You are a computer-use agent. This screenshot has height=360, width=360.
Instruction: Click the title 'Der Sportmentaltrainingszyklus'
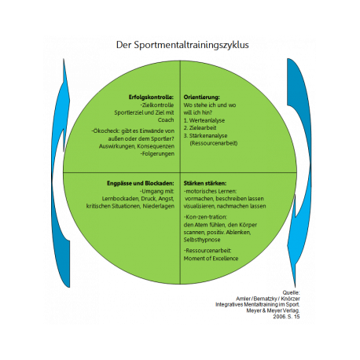point(182,45)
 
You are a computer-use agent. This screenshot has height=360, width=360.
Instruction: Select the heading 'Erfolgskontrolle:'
point(151,97)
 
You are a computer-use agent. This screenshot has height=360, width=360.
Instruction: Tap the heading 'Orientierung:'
point(201,97)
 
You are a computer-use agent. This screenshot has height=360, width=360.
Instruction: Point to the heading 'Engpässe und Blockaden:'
point(141,183)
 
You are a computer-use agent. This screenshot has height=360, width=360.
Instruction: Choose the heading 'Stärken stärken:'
point(205,183)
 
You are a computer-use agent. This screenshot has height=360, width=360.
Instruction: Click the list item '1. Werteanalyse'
point(204,120)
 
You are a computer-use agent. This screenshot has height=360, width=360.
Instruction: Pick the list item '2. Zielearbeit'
point(200,128)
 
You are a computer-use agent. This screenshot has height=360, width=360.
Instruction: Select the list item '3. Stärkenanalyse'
point(205,136)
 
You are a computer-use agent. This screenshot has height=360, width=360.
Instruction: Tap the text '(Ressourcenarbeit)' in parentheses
point(214,143)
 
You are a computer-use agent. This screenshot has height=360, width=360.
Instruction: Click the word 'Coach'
point(166,120)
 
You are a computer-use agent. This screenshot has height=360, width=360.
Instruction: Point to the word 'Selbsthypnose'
point(202,240)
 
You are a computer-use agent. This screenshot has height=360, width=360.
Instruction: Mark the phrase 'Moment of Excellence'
point(211,259)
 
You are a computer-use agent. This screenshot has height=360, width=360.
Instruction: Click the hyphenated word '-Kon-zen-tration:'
point(205,217)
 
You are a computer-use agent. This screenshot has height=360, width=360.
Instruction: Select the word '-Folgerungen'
point(157,153)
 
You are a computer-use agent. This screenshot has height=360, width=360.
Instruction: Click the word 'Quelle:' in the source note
point(291,292)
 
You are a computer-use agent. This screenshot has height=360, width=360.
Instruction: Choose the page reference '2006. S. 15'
point(286,317)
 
